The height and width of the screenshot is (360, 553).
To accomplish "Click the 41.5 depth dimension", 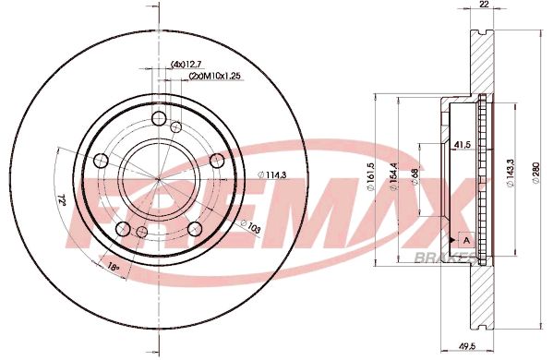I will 463,146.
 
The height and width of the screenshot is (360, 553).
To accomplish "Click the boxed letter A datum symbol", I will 465,241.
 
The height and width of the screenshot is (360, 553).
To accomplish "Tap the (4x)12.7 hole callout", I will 186,64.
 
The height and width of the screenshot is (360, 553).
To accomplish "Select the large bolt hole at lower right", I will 195,228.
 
